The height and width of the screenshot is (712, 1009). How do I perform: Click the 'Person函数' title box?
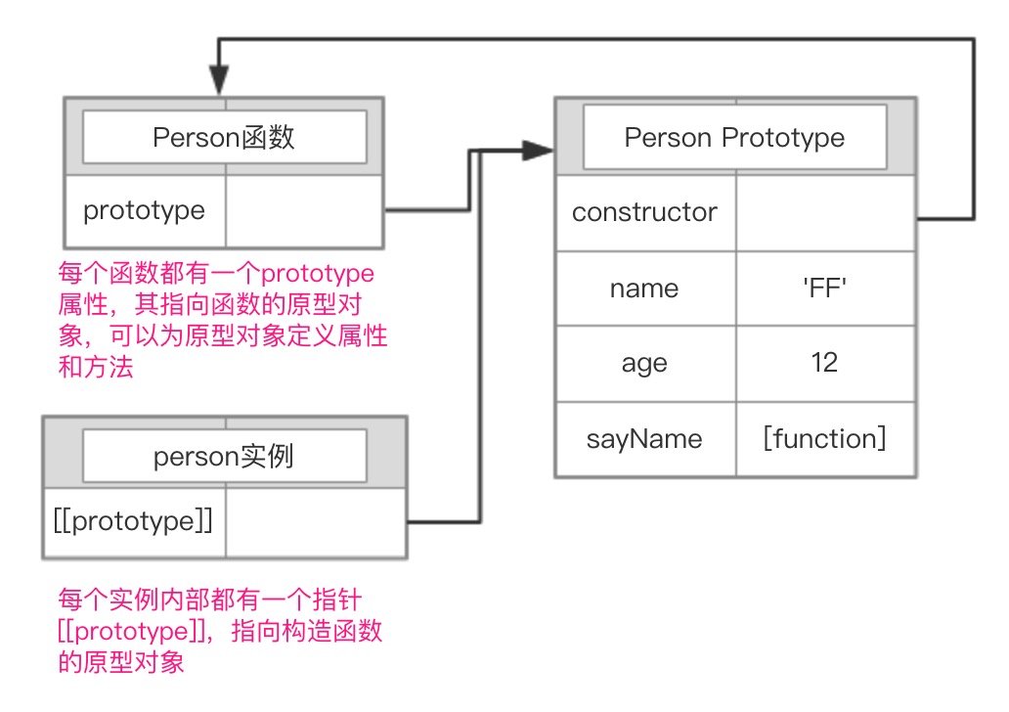[x=224, y=137]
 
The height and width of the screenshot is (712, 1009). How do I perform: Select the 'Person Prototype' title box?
[x=734, y=137]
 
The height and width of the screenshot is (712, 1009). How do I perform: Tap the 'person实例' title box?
[x=224, y=456]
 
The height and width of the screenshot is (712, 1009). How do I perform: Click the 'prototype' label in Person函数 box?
[x=145, y=210]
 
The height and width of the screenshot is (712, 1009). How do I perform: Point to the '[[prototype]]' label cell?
[x=134, y=522]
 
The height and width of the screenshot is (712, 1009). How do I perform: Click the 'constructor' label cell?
[x=645, y=212]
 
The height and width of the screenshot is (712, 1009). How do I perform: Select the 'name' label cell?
[x=645, y=289]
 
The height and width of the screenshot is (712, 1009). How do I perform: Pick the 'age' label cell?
[x=645, y=363]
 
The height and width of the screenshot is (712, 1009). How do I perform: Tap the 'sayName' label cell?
[x=645, y=439]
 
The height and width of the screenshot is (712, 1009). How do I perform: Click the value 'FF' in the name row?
[x=825, y=289]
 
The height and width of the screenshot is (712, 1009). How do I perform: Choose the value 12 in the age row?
[x=825, y=363]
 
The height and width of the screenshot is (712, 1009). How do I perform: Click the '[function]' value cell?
[x=825, y=439]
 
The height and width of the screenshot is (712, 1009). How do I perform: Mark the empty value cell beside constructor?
[x=825, y=212]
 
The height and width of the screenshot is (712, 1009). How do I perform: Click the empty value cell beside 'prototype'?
[x=304, y=210]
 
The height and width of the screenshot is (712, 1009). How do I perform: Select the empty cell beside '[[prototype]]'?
[x=315, y=522]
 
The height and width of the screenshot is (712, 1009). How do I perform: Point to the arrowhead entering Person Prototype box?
[x=538, y=150]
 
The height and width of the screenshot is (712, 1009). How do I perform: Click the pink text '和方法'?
[x=96, y=369]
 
